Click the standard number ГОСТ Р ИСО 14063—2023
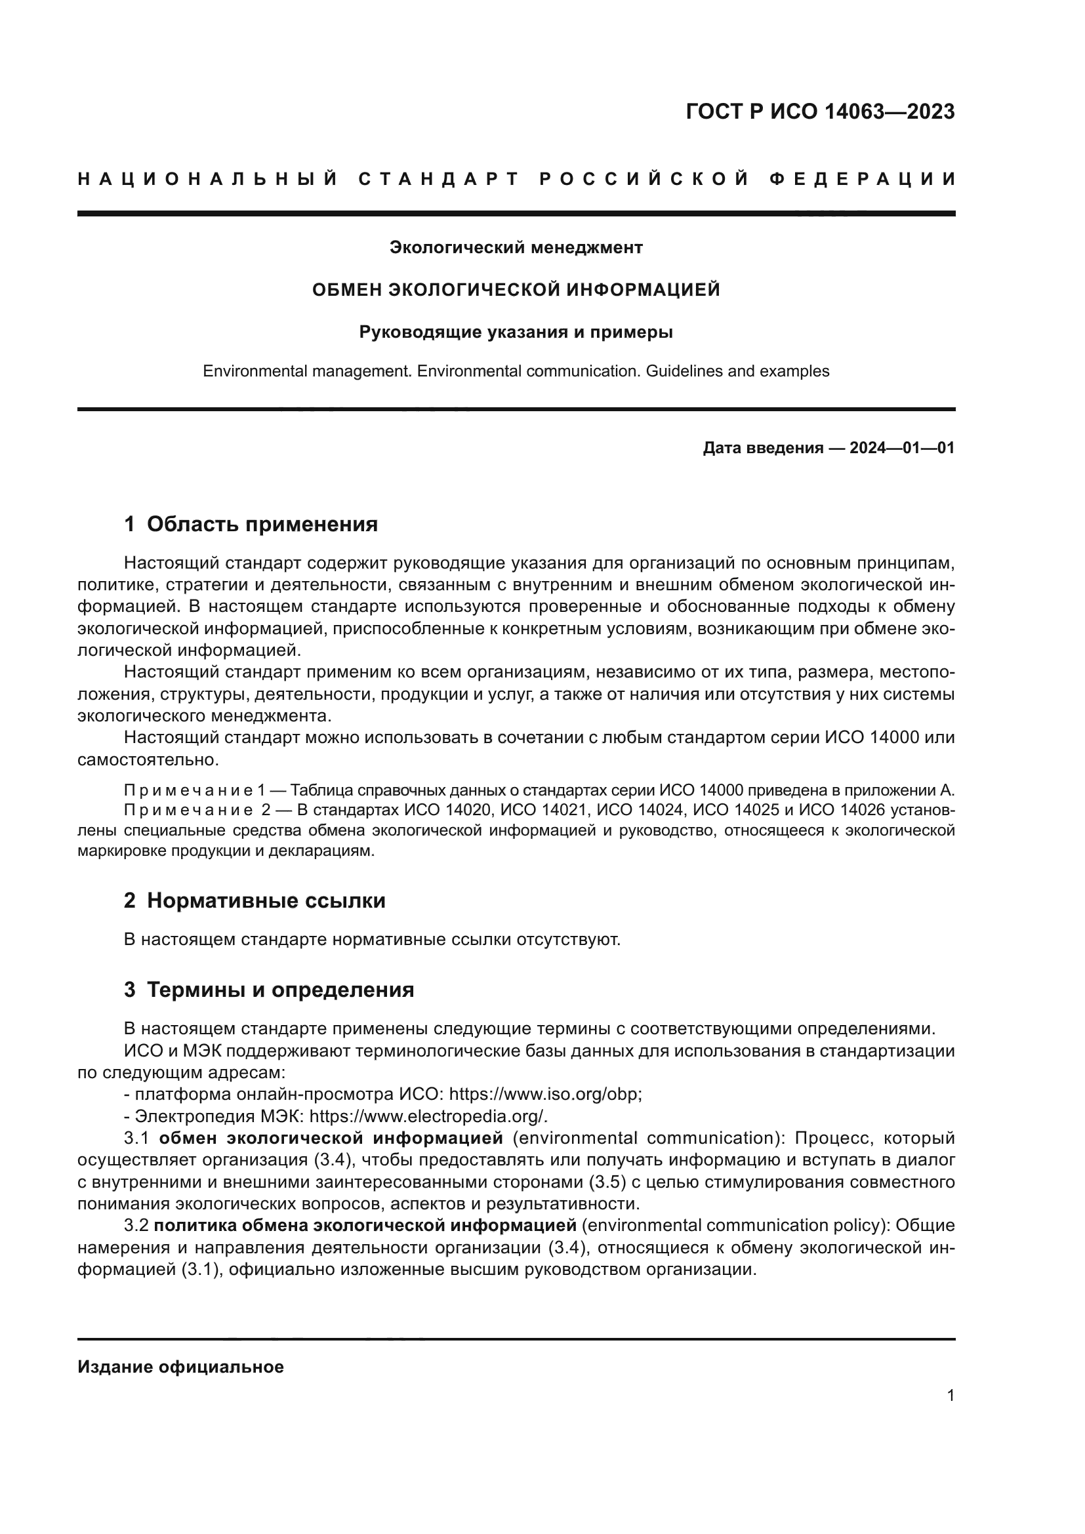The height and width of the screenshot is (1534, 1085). pyautogui.click(x=820, y=111)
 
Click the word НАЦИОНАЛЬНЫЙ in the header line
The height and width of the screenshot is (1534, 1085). pyautogui.click(x=208, y=179)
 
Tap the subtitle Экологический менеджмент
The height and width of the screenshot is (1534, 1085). pyautogui.click(x=516, y=248)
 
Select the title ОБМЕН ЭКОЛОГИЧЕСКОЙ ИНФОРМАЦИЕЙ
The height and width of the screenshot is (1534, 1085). pyautogui.click(x=516, y=290)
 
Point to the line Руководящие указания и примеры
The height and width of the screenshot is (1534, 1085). pyautogui.click(x=516, y=332)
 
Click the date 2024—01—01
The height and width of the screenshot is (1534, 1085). pyautogui.click(x=901, y=449)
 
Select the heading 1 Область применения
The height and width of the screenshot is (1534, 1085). pyautogui.click(x=251, y=524)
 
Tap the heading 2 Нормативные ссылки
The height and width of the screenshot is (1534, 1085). pyautogui.click(x=255, y=900)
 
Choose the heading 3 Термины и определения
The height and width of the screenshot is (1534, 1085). pyautogui.click(x=268, y=990)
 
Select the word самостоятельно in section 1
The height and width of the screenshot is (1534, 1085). pyautogui.click(x=147, y=759)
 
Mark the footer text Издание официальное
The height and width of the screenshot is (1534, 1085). pyautogui.click(x=180, y=1367)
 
